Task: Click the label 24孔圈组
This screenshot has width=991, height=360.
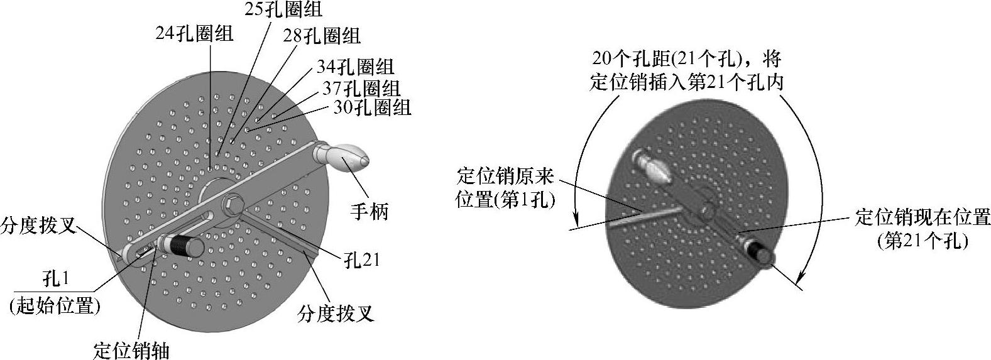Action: tap(194, 33)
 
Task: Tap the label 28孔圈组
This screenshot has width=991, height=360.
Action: tap(322, 36)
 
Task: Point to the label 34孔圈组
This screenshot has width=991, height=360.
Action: tap(355, 67)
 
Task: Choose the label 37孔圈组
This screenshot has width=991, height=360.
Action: tap(361, 87)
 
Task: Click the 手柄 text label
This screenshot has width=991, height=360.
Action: tap(369, 211)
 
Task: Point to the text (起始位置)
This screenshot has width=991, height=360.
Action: tap(55, 306)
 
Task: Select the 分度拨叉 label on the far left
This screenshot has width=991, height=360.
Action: tap(40, 224)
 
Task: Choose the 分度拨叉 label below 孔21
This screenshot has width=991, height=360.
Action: tap(336, 312)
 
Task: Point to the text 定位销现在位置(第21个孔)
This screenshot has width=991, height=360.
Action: tap(923, 229)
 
